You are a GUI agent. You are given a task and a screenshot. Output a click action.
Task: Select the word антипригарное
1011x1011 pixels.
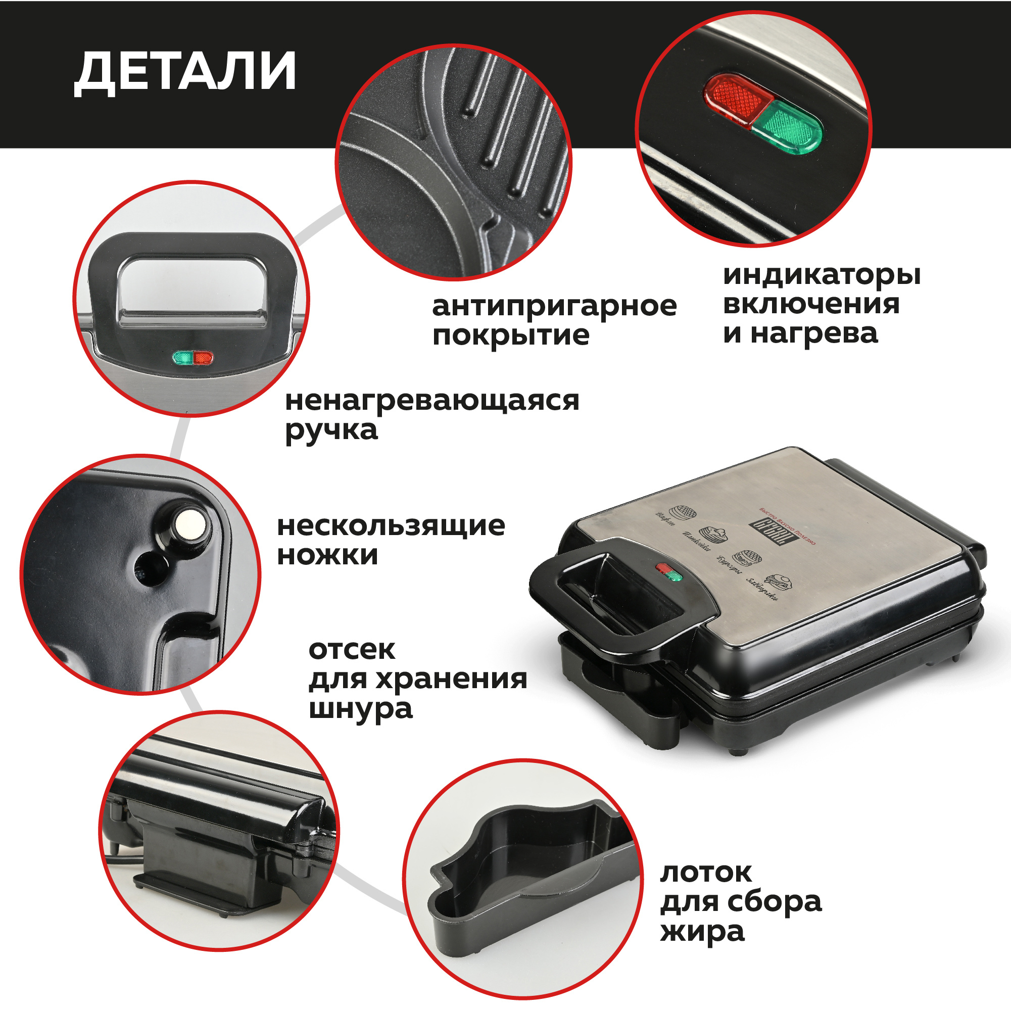click(x=554, y=307)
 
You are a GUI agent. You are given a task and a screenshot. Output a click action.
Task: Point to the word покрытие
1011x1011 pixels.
click(x=511, y=335)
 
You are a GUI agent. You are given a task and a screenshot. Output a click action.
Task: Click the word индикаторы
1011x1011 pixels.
click(x=822, y=275)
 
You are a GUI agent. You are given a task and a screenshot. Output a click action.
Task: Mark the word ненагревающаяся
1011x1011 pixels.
click(x=432, y=401)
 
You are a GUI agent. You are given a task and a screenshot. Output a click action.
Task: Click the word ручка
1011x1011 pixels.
click(x=331, y=430)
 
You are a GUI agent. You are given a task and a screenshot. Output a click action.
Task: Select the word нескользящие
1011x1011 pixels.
click(x=391, y=526)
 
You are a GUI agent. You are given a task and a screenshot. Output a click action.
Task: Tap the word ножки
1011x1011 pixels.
click(x=327, y=555)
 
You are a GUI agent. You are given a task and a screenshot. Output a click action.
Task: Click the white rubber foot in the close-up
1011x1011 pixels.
click(x=189, y=523)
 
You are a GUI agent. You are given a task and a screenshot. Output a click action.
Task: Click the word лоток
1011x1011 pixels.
click(x=706, y=873)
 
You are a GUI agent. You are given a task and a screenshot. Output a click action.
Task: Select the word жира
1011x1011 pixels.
click(x=702, y=932)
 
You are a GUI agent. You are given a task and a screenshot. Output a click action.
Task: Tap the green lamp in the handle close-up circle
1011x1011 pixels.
click(x=182, y=358)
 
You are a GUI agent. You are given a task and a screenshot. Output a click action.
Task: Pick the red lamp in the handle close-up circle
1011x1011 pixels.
click(x=203, y=358)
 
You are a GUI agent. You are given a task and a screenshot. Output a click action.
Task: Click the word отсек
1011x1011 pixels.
click(x=352, y=650)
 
